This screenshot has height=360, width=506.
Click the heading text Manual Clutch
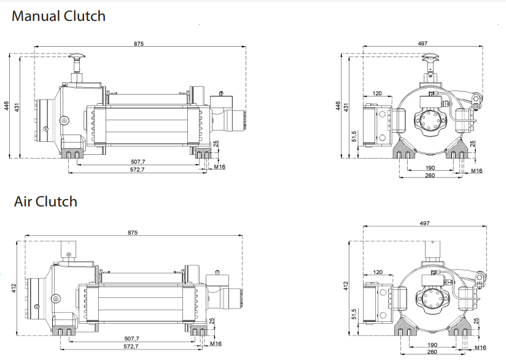click(58, 17)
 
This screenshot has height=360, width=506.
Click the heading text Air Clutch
click(45, 202)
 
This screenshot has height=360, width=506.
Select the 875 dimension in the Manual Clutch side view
click(139, 43)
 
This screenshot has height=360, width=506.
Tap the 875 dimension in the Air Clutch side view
click(133, 233)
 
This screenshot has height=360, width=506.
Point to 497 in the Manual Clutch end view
click(422, 43)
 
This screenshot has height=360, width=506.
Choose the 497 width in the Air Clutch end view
click(424, 223)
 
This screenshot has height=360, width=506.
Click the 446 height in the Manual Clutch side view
click(7, 106)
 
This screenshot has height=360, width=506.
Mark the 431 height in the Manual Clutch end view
click(346, 106)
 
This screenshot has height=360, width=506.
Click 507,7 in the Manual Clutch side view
click(139, 162)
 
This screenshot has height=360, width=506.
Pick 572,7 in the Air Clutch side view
click(131, 346)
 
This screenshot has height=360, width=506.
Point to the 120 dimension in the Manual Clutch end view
click(377, 93)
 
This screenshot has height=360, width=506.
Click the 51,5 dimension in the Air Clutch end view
click(354, 315)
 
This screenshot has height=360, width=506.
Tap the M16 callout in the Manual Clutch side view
click(220, 166)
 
